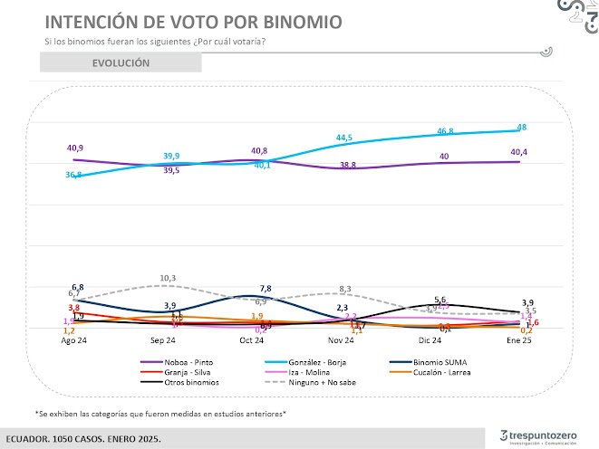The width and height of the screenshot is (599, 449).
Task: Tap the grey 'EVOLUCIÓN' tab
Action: [x=121, y=63]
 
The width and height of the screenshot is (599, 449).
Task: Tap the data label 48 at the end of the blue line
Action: [x=522, y=127]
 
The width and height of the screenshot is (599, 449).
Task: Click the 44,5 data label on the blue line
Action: [x=343, y=138]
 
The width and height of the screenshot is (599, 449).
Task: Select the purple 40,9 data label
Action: [x=75, y=148]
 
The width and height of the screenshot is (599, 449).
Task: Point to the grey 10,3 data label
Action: [x=168, y=278]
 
